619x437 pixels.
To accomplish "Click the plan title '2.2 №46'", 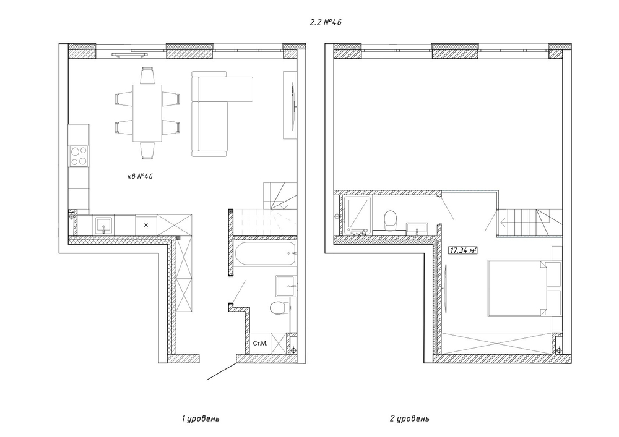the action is coord(326,22).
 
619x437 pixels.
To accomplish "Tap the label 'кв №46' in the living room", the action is coord(140,176).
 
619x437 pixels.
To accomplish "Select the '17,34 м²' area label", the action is coord(463,250).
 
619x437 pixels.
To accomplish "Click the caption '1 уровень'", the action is coord(201,418).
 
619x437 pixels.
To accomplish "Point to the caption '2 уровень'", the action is coord(409,418).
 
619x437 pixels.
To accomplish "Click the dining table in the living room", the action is coord(147,113).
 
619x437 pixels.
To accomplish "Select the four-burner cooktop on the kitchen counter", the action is coord(79,156).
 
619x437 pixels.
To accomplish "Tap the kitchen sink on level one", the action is coord(104,226).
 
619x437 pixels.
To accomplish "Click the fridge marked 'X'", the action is coord(146,225).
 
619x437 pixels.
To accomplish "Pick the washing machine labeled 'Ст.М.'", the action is coord(260,343).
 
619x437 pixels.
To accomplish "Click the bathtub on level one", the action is coord(264,253).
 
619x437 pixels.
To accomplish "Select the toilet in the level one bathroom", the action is coord(279,308).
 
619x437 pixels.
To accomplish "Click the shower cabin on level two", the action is coord(357,216).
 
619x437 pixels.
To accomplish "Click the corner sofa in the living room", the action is coord(217,114).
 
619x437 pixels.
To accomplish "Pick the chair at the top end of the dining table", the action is coord(147,75).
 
